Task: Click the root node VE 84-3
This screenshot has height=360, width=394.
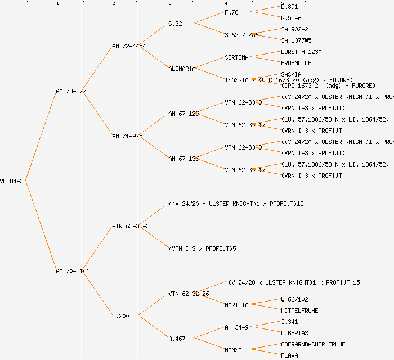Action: (x=11, y=181)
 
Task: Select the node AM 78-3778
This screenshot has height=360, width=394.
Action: (x=73, y=91)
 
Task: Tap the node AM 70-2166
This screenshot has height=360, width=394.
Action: (x=73, y=271)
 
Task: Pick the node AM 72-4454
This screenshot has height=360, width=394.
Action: (x=129, y=46)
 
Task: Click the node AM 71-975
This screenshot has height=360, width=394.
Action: (x=127, y=136)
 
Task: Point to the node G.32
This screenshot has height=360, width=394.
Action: (x=176, y=24)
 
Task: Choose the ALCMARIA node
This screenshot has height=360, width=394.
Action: (x=182, y=69)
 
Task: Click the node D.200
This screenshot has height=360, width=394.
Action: (x=120, y=316)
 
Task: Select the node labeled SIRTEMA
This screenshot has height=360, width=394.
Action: (x=236, y=57)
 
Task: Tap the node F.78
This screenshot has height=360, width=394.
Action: (x=231, y=12)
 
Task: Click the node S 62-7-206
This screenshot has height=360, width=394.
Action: (x=241, y=35)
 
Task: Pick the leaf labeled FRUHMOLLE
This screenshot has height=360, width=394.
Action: (x=296, y=63)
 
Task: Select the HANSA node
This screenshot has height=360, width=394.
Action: (x=233, y=350)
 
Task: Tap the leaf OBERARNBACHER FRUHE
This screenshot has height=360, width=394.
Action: (x=313, y=344)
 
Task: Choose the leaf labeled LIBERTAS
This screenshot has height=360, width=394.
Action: (x=294, y=333)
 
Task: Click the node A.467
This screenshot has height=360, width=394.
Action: (x=177, y=339)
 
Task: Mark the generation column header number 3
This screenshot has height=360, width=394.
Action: (x=169, y=4)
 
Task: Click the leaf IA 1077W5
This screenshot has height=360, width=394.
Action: (x=296, y=40)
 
